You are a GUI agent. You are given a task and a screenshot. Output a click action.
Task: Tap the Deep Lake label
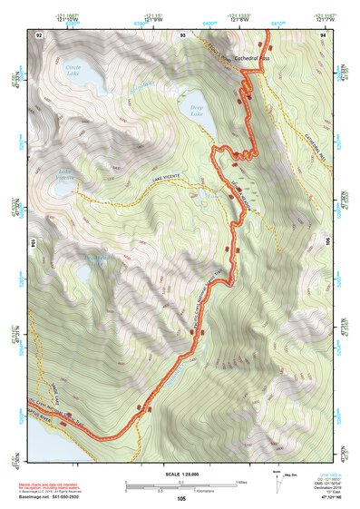197,108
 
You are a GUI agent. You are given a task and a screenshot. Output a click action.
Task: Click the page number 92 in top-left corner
39,34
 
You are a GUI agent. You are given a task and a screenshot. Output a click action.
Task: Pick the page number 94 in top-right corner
324,34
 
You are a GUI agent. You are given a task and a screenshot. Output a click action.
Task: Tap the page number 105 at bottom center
181,498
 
